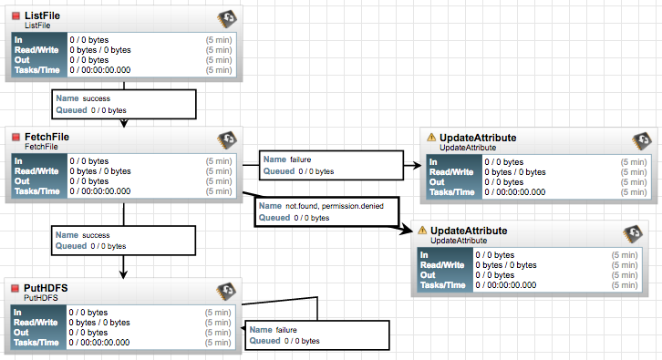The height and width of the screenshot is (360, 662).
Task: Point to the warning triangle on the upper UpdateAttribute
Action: click(431, 138)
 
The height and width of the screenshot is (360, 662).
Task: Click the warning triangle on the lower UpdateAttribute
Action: click(422, 231)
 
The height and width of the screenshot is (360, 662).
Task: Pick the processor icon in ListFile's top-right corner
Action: click(227, 19)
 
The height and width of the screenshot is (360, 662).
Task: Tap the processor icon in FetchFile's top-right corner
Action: click(227, 140)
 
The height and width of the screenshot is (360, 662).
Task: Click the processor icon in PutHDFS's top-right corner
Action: click(227, 292)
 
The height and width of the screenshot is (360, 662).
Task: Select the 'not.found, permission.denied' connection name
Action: click(335, 207)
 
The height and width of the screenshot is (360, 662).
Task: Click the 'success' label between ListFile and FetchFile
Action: click(96, 97)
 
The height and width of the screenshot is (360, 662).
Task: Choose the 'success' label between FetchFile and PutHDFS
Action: click(96, 235)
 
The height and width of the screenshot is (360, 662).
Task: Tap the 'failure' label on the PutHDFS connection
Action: click(286, 329)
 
